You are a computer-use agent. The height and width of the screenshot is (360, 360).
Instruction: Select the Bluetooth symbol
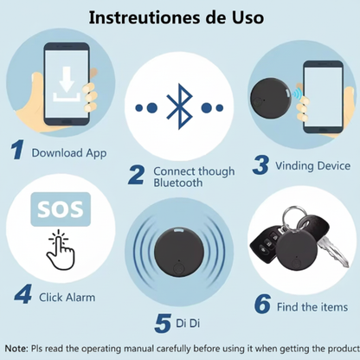[x=179, y=106]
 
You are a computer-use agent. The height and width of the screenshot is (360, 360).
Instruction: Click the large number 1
[x=17, y=150]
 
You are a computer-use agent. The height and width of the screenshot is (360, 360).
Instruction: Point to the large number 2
[x=136, y=175]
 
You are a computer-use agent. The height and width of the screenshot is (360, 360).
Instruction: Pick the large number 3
[x=260, y=165]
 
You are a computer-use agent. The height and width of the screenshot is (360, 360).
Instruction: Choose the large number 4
[x=22, y=294]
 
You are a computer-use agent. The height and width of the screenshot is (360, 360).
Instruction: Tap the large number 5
[x=163, y=324]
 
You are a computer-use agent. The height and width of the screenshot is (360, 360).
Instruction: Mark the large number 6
[x=262, y=304]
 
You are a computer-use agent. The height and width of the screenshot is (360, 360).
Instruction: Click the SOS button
[x=61, y=209]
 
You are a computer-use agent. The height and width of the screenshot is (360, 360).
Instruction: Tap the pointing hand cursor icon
[x=61, y=250]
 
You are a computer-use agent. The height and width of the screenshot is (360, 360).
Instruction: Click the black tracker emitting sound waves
[x=179, y=252]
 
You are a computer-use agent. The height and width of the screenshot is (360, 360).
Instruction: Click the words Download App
[x=69, y=153]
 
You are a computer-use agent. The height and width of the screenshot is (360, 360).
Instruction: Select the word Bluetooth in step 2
[x=177, y=183]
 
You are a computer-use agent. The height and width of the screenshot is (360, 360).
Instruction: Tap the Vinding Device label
[x=313, y=166]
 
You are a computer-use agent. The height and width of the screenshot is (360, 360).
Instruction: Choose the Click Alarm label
[x=67, y=298]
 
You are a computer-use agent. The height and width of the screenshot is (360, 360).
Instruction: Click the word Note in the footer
[x=16, y=349]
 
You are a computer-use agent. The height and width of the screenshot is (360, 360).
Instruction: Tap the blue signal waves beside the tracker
[x=297, y=93]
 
